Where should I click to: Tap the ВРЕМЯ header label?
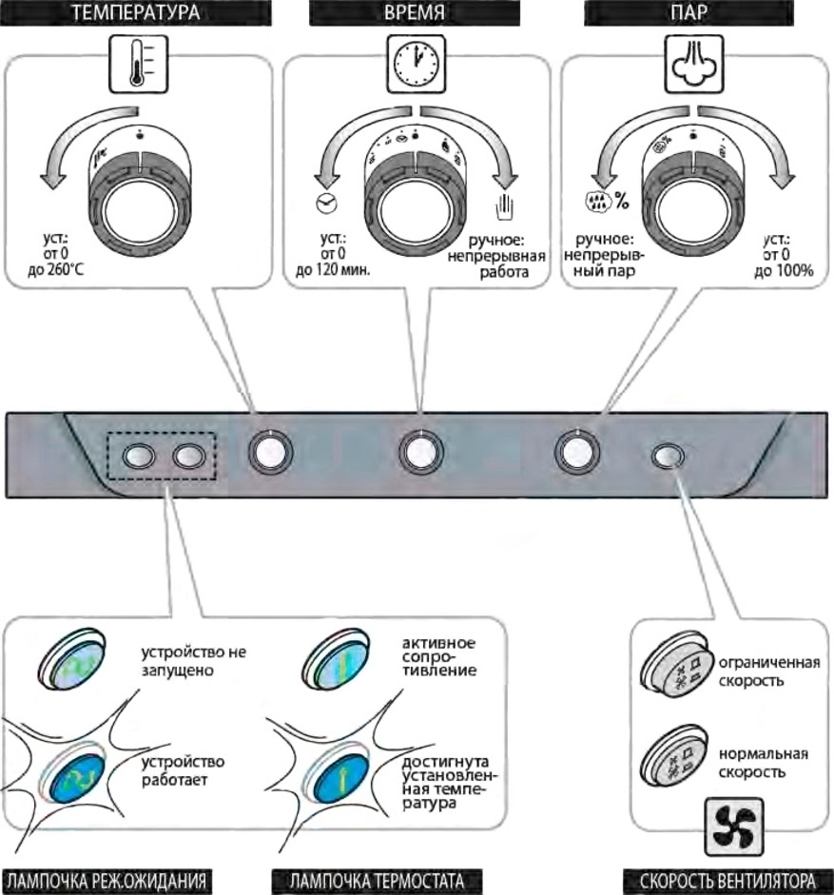click(x=416, y=14)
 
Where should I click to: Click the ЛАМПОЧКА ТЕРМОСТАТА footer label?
click(x=375, y=881)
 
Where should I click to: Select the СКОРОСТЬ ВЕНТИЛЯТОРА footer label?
click(x=727, y=881)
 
